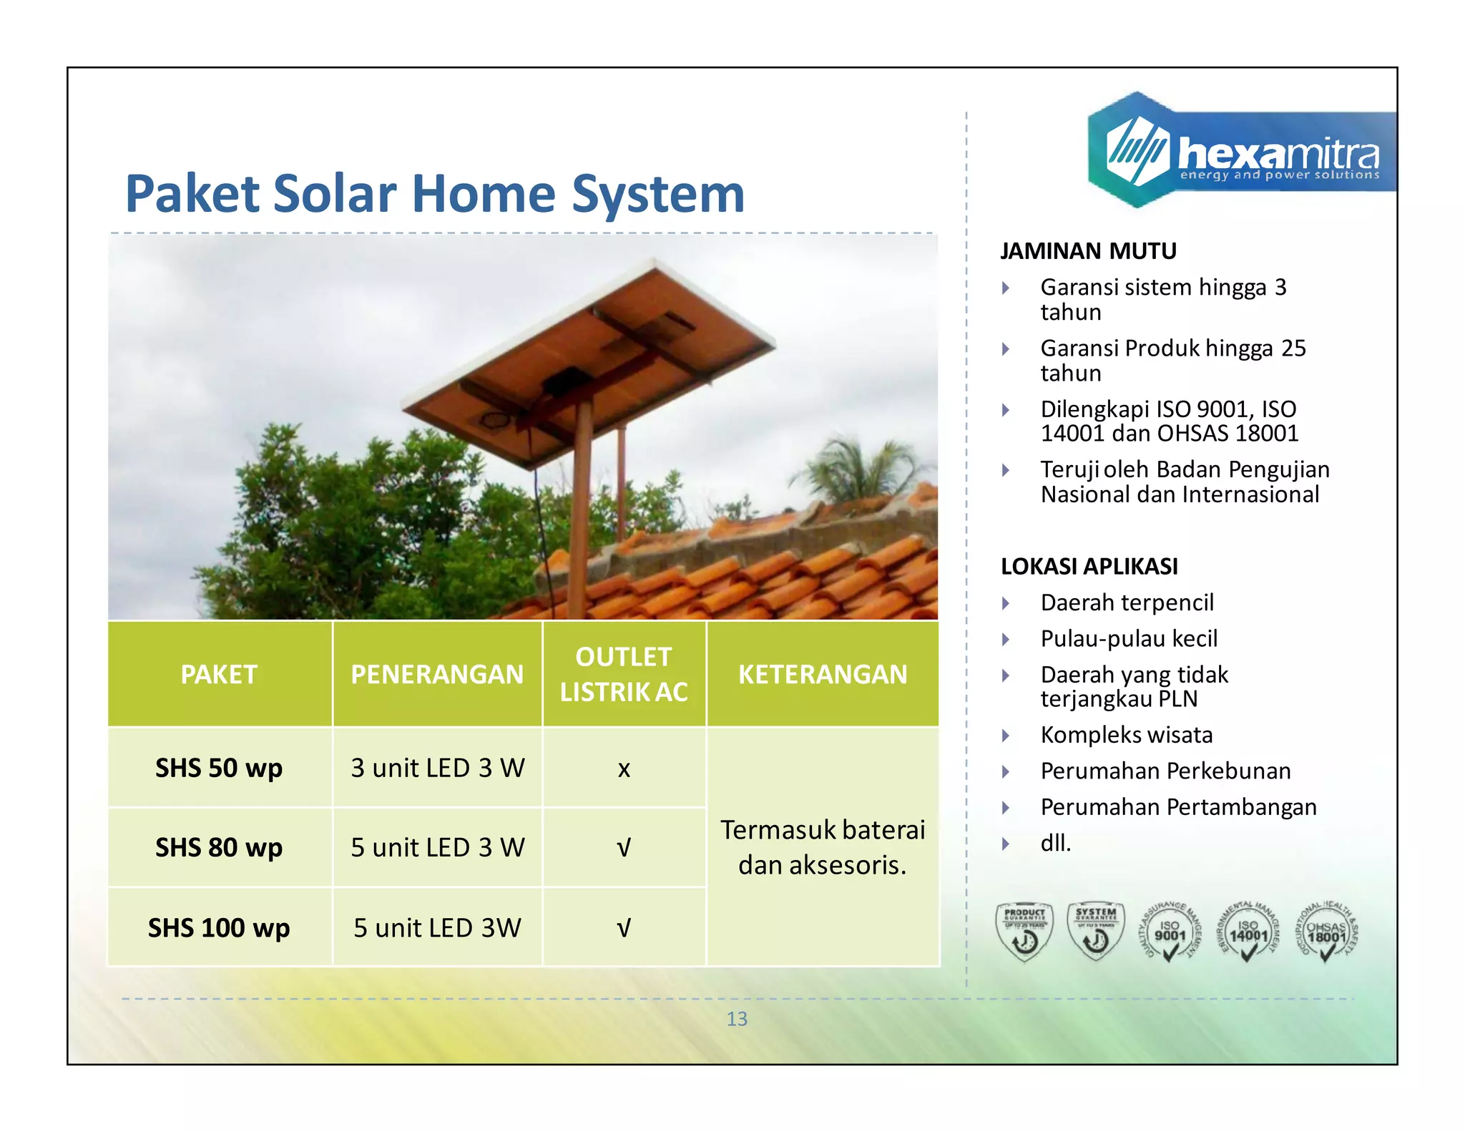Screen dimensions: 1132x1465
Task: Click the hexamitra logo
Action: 1241,152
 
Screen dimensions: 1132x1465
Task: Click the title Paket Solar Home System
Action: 435,194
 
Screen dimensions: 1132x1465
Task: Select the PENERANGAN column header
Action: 437,674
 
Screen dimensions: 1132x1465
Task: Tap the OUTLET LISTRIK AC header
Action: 624,674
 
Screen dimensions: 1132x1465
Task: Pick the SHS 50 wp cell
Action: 219,768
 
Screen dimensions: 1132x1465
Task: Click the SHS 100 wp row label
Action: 219,927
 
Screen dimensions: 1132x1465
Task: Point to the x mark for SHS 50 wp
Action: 624,769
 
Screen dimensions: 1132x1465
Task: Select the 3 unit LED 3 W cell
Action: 437,768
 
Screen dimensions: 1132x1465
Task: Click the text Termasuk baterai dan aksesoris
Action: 823,847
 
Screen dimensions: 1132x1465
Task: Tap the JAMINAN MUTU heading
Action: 1088,251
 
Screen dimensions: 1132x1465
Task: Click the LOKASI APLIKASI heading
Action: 1089,566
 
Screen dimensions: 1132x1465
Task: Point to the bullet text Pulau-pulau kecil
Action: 1129,638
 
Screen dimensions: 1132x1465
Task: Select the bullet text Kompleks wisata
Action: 1127,735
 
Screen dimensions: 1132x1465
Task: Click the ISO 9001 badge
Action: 1170,932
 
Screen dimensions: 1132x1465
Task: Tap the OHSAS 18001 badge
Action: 1326,932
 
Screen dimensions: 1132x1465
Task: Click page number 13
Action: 737,1018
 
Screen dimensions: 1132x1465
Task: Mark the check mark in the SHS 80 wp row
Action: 624,848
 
